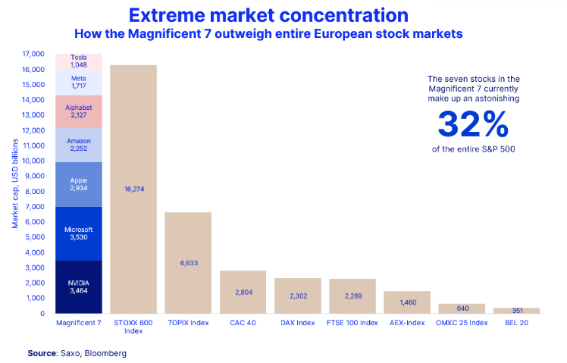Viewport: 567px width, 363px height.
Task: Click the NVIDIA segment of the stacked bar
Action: [79, 286]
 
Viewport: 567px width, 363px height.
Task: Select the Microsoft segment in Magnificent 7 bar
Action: [79, 233]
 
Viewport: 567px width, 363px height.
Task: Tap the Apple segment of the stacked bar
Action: [79, 184]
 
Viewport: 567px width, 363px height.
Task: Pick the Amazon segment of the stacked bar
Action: [79, 145]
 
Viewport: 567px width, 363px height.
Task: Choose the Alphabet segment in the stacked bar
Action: [79, 111]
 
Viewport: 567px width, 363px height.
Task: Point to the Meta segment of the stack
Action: [79, 83]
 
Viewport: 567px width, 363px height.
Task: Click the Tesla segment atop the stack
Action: [79, 61]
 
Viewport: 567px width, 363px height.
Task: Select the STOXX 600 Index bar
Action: [133, 189]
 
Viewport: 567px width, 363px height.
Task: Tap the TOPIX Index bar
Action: [188, 262]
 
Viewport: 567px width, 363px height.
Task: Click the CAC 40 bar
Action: [243, 292]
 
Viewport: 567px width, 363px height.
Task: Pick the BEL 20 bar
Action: [515, 310]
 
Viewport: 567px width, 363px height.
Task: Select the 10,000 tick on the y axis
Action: [33, 161]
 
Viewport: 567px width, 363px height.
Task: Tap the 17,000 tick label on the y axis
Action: [33, 54]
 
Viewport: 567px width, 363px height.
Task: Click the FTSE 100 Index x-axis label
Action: [352, 323]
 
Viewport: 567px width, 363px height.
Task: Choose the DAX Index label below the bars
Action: [297, 323]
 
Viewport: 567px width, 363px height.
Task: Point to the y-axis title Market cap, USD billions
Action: [14, 184]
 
